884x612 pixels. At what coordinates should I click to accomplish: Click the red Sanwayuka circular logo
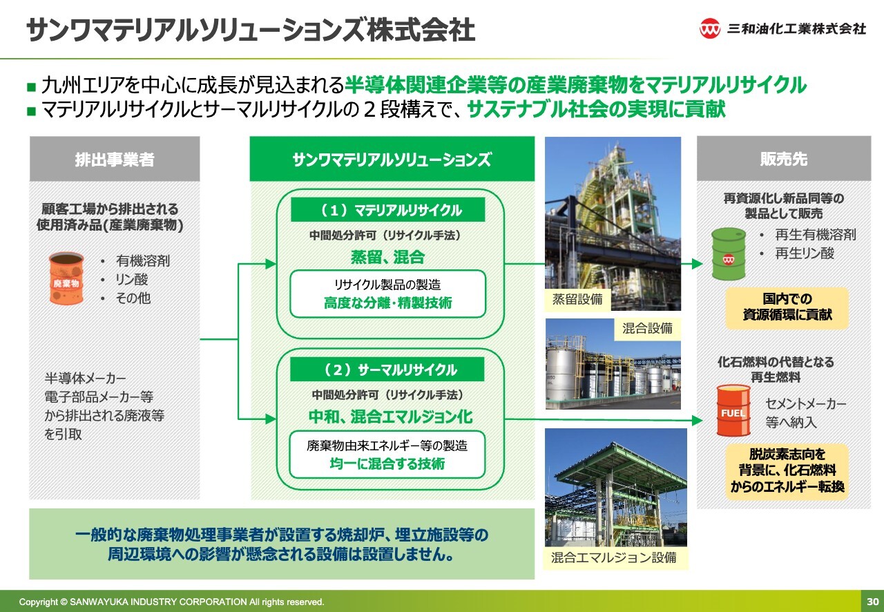point(709,28)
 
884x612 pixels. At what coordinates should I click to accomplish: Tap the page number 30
point(872,602)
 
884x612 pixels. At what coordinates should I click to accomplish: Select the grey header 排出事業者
point(115,159)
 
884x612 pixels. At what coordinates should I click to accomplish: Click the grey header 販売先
point(784,159)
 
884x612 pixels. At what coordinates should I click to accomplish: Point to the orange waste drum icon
point(66,278)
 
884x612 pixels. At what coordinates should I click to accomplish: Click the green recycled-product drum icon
point(729,254)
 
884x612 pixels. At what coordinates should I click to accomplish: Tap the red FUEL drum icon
point(733,410)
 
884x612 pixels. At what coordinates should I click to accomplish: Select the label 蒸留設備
point(577,299)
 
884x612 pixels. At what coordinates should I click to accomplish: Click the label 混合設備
point(647,328)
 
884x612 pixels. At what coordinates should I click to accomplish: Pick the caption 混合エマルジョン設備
point(614,557)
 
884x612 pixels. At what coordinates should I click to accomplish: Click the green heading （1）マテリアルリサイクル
point(388,210)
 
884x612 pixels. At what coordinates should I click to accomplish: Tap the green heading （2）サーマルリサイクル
point(387,370)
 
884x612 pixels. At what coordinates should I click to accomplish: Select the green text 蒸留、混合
point(387,257)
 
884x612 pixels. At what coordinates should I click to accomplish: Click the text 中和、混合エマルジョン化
point(390,417)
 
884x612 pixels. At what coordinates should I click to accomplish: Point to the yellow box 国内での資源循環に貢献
point(787,307)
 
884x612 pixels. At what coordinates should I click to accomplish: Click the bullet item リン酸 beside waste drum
point(131,280)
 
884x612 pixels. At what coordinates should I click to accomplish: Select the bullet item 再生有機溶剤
point(816,235)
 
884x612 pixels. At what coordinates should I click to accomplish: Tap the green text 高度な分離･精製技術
point(387,303)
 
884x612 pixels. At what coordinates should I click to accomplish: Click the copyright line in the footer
point(171,602)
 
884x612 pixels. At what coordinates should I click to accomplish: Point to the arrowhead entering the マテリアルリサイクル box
point(271,264)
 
